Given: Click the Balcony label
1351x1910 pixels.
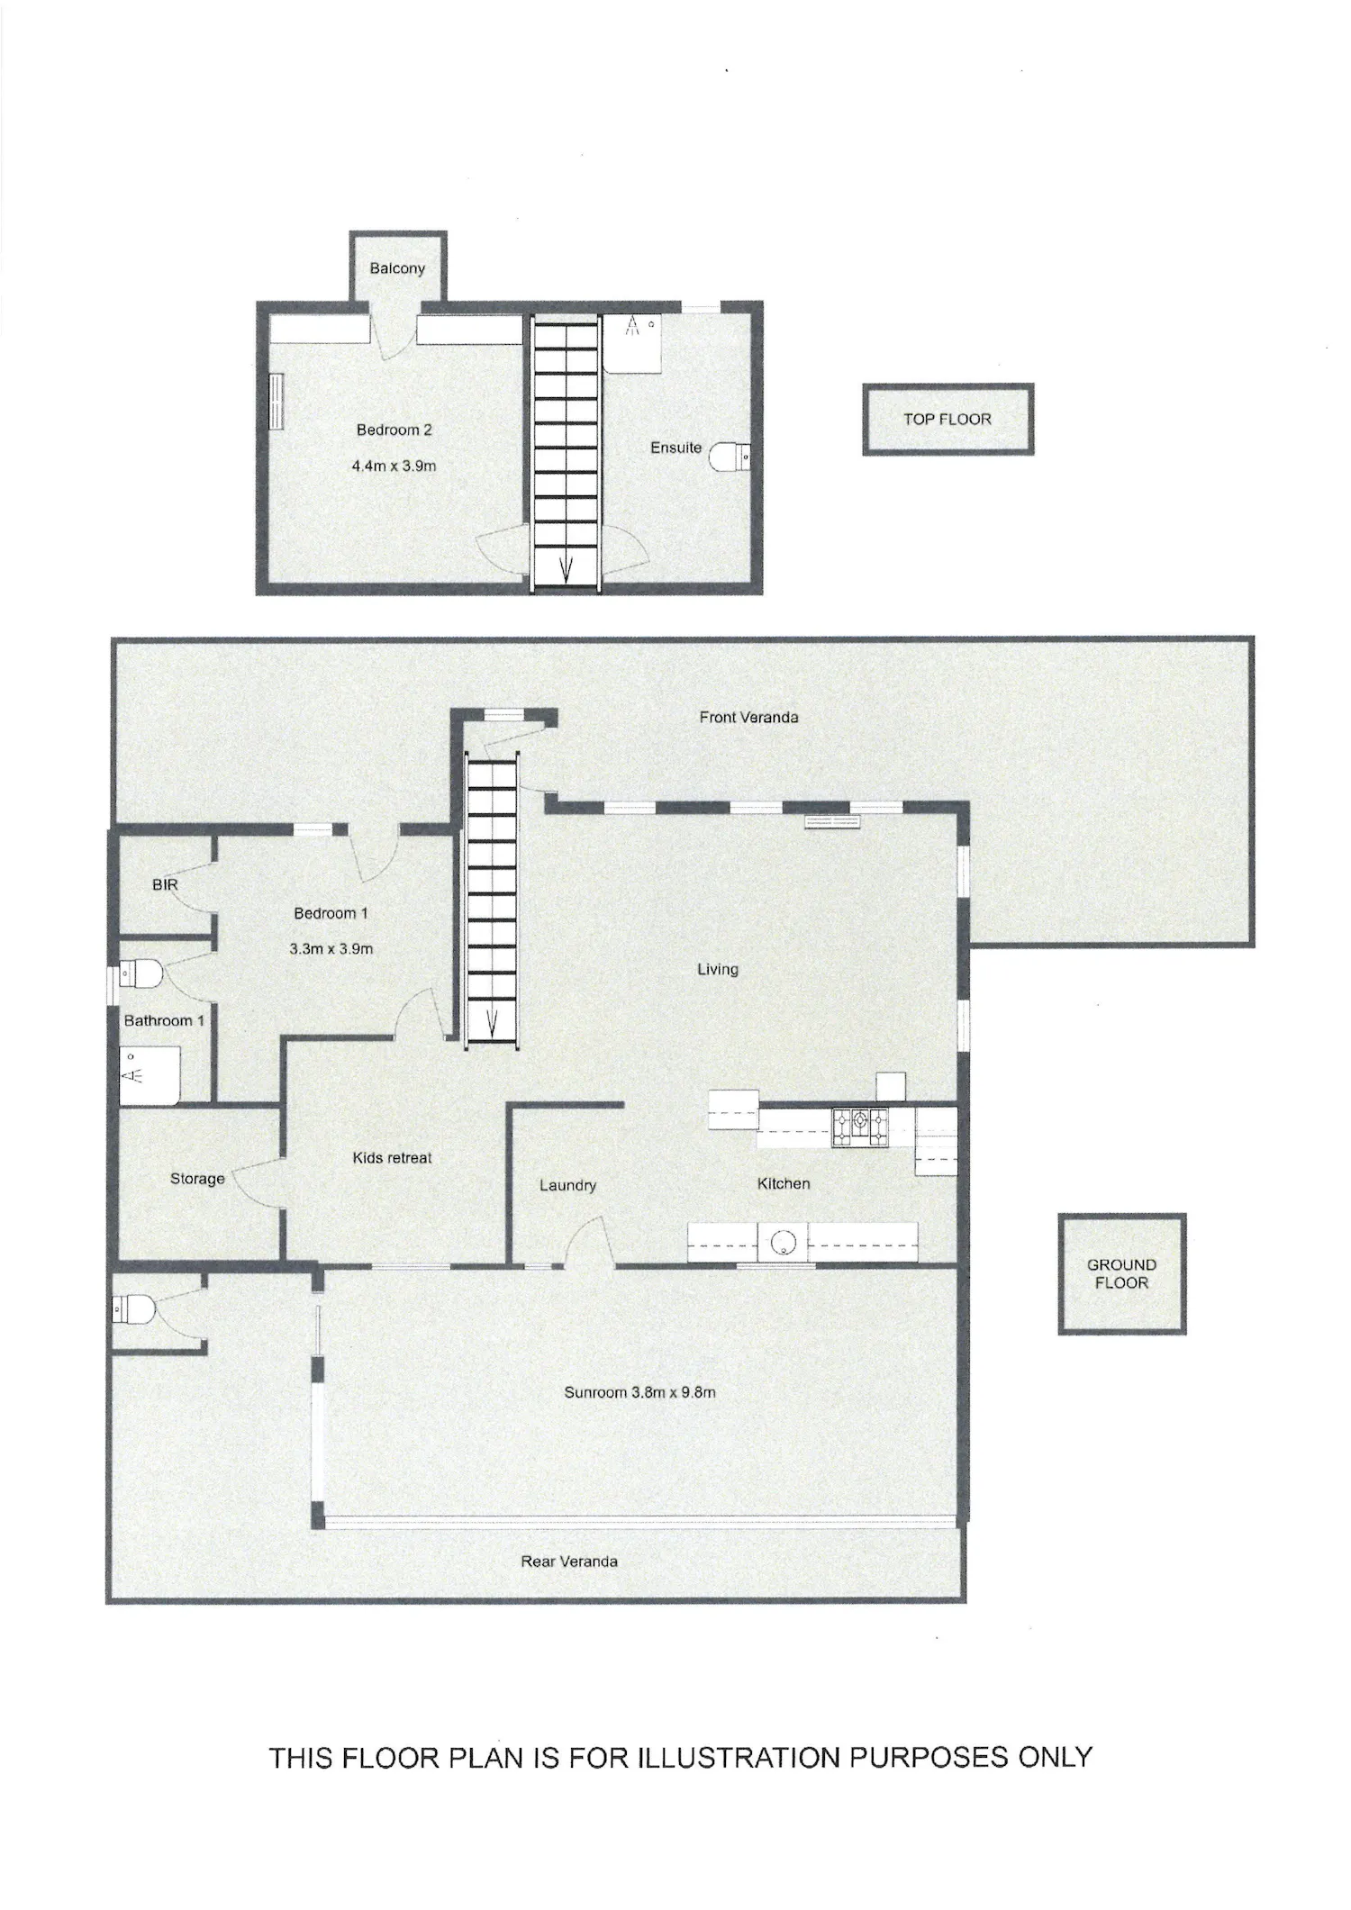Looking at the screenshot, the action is (x=397, y=268).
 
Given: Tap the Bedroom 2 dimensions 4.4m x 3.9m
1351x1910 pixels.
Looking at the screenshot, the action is (x=394, y=466).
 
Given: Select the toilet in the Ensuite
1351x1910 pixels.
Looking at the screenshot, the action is (x=730, y=457).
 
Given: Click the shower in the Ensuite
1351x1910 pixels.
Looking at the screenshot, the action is (x=633, y=343).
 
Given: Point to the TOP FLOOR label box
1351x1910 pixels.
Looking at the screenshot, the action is (x=948, y=420).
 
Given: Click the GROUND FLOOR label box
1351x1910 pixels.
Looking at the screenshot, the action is (x=1121, y=1273).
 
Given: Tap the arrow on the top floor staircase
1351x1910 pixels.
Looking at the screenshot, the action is (x=567, y=569).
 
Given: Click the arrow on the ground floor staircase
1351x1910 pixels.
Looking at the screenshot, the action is (x=493, y=1022).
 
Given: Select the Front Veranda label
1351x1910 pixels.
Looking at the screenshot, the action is (x=748, y=718).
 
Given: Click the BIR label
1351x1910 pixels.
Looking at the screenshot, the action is (x=165, y=885).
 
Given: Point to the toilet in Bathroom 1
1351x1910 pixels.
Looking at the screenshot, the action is (x=141, y=973).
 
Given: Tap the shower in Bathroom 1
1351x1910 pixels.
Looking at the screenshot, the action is (x=150, y=1074).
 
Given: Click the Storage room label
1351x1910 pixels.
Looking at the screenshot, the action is (x=197, y=1179).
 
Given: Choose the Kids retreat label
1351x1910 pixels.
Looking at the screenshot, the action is (x=392, y=1158).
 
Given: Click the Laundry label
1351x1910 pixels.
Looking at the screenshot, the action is (x=567, y=1186).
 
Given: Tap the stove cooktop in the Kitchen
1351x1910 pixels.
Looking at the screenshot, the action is (x=860, y=1127).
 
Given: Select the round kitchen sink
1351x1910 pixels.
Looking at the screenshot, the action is (x=783, y=1243).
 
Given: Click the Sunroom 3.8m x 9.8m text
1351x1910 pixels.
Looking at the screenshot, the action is (x=639, y=1392).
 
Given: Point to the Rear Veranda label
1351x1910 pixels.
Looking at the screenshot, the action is (x=569, y=1561).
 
